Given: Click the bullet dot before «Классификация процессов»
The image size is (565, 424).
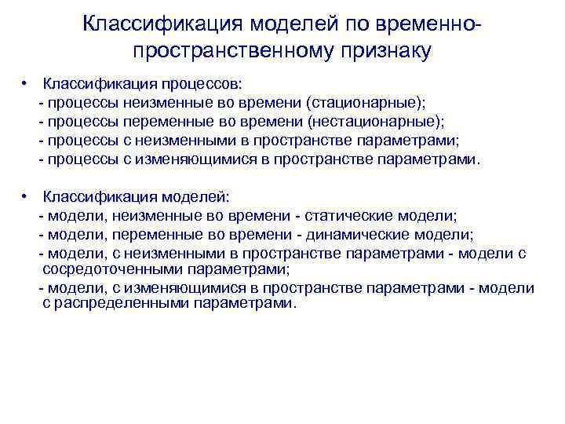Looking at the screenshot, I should point(26,82).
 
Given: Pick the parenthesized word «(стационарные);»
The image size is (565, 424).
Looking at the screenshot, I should point(366,103).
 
